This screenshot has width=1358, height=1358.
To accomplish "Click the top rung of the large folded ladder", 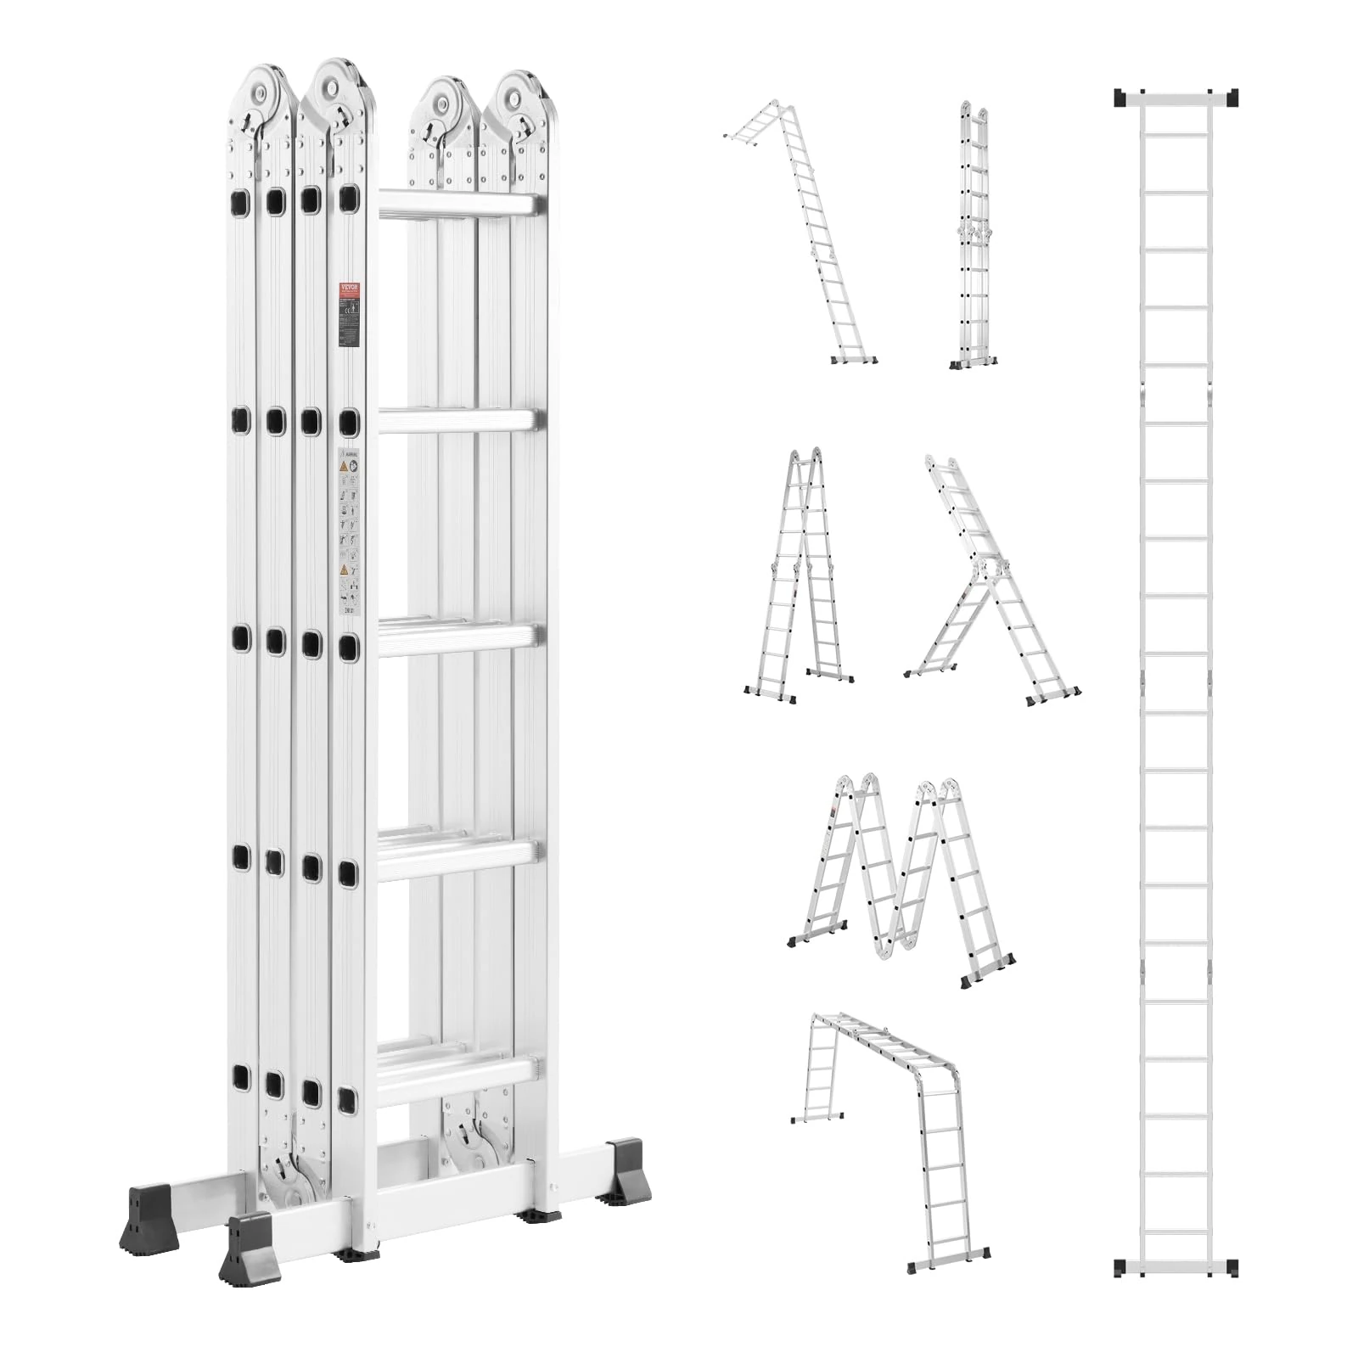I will tap(458, 205).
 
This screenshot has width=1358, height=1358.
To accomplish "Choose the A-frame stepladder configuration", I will tap(798, 577).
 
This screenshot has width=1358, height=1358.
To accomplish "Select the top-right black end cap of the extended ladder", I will tap(1231, 98).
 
